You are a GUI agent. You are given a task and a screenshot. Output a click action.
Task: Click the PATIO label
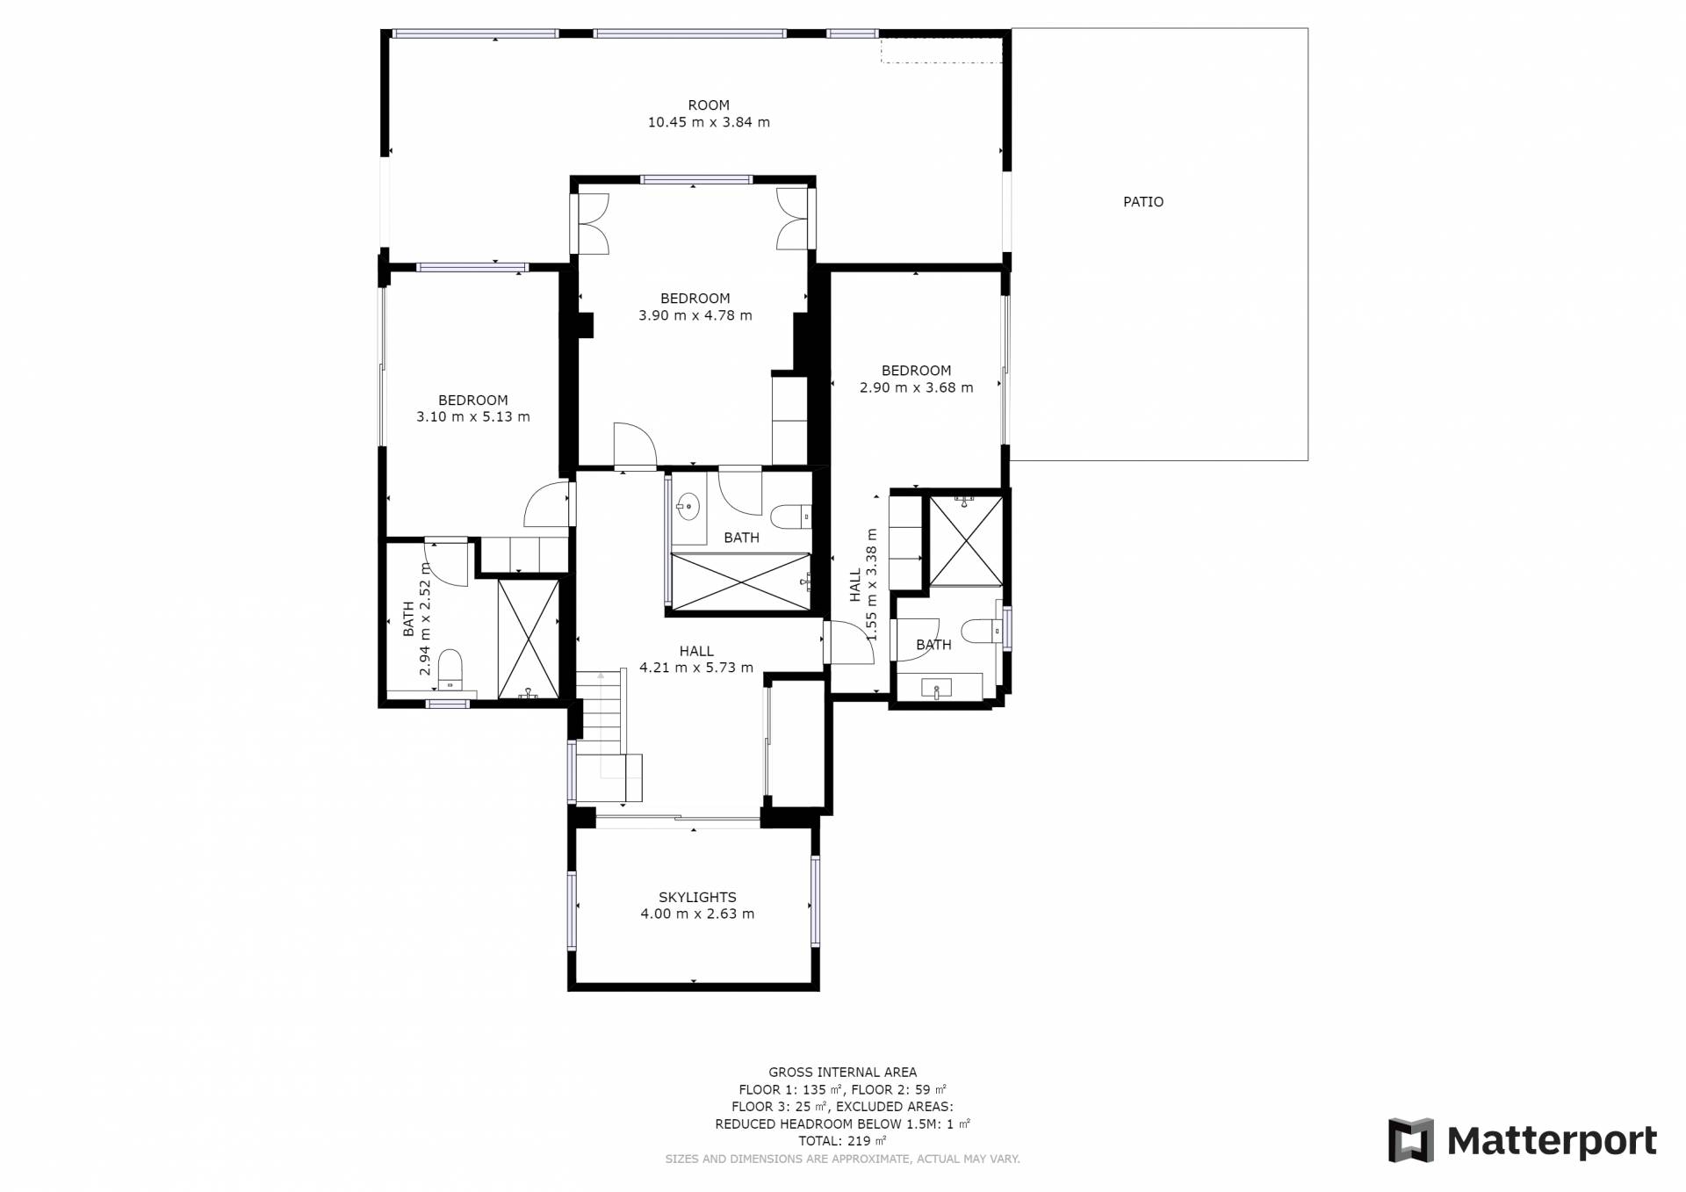[x=1143, y=202]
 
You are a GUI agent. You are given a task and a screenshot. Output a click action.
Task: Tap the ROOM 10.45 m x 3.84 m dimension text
[x=709, y=123]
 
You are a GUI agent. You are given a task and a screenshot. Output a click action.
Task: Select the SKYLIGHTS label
[x=697, y=897]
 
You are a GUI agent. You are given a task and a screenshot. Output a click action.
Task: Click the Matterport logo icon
[x=1410, y=1140]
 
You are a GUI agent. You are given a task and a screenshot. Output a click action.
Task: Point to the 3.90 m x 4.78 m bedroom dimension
[x=695, y=316]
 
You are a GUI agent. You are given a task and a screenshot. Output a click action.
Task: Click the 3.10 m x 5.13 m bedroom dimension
[x=472, y=417]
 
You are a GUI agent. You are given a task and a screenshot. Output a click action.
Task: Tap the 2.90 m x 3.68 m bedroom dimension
[x=916, y=387]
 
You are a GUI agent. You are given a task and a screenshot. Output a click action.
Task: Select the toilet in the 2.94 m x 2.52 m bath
[x=450, y=670]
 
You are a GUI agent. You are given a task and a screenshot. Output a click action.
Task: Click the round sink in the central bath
[x=688, y=505]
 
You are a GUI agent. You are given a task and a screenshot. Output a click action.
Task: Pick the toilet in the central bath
[x=790, y=516]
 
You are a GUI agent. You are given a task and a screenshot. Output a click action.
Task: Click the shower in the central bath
[x=740, y=580]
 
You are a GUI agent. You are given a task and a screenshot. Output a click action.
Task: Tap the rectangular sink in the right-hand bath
[x=937, y=688]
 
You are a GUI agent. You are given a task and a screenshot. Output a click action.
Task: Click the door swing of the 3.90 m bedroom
[x=635, y=444]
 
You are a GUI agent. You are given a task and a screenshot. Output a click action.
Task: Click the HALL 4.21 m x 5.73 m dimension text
[x=696, y=668]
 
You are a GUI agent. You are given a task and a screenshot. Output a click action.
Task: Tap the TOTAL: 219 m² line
[x=842, y=1141]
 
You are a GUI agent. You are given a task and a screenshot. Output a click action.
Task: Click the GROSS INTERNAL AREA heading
[x=842, y=1072]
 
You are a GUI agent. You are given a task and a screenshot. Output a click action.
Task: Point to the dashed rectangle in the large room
[x=941, y=50]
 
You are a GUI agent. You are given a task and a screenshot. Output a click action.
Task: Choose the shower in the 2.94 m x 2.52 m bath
[x=528, y=639]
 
